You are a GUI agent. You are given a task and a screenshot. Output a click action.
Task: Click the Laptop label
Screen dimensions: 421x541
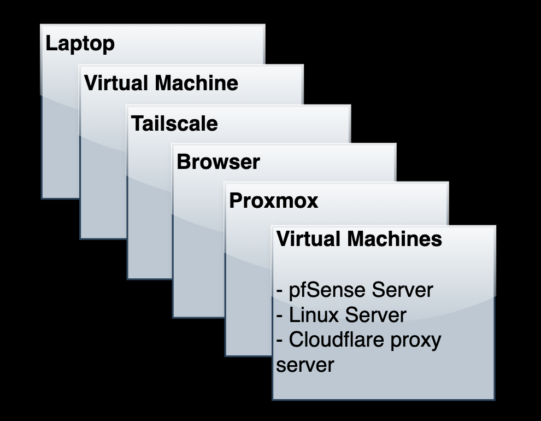click(x=80, y=44)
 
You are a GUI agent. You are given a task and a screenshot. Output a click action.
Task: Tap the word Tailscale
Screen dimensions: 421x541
click(x=174, y=124)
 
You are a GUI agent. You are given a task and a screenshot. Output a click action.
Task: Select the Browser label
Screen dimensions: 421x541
click(x=218, y=162)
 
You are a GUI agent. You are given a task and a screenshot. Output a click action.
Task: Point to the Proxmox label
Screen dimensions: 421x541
click(x=273, y=201)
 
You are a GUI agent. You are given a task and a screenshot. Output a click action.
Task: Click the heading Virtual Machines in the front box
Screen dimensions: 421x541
click(x=359, y=239)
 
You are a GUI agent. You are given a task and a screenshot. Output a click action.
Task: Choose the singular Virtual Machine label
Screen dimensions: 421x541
click(x=161, y=84)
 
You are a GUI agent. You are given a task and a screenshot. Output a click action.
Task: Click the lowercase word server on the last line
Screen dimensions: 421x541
click(x=304, y=365)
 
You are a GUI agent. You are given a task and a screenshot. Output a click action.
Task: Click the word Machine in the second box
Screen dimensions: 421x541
click(x=197, y=84)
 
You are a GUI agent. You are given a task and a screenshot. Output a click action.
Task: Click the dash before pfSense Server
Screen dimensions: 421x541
click(x=280, y=291)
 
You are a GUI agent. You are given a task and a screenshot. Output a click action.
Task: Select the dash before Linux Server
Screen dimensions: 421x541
click(x=280, y=316)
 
